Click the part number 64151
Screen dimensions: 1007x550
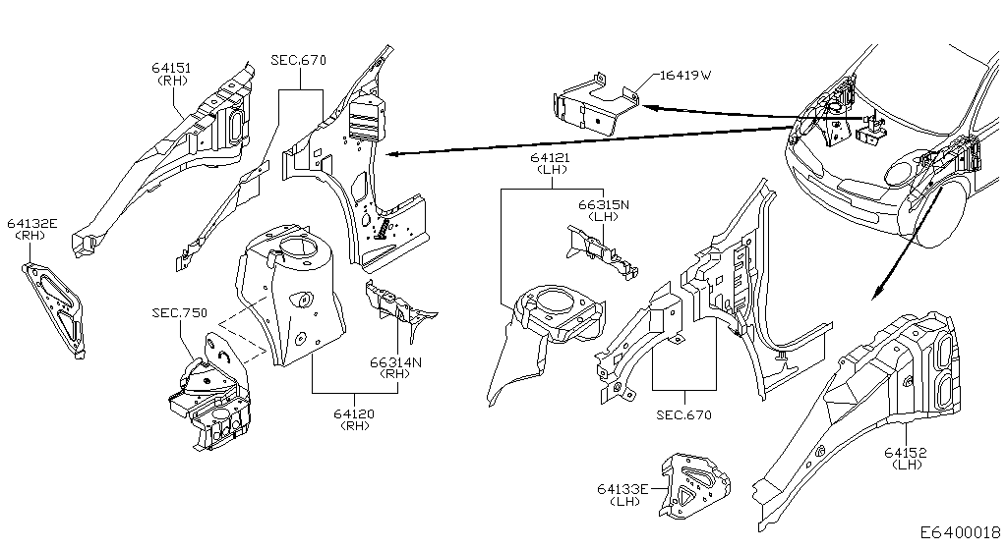[x=171, y=68]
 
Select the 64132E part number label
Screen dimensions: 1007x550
[x=32, y=223]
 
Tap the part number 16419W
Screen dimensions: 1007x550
[x=685, y=75]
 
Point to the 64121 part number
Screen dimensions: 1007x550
[x=551, y=158]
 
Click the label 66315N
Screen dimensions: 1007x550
[x=604, y=205]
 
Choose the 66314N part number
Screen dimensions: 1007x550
[x=395, y=362]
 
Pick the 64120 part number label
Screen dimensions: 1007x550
[x=354, y=414]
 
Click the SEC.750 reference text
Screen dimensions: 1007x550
[x=180, y=313]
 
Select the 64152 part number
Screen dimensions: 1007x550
[x=906, y=453]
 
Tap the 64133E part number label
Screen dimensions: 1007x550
[x=622, y=489]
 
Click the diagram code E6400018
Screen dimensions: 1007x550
[x=961, y=532]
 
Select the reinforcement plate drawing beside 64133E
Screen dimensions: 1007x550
[x=695, y=486]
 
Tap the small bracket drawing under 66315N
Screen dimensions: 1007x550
[x=602, y=252]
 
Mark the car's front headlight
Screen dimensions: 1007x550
[x=903, y=173]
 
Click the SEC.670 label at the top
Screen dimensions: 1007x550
[x=299, y=60]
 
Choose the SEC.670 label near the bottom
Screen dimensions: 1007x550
[x=684, y=414]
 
